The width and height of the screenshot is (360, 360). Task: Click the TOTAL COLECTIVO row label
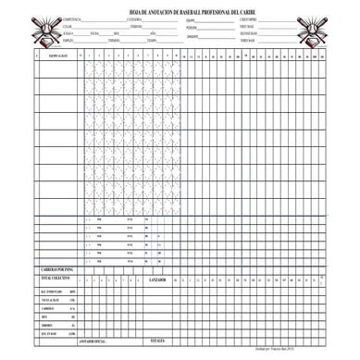[x=55, y=278]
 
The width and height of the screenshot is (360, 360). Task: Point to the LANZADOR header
[x=158, y=279]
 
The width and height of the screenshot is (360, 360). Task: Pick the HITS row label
[x=44, y=320]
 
